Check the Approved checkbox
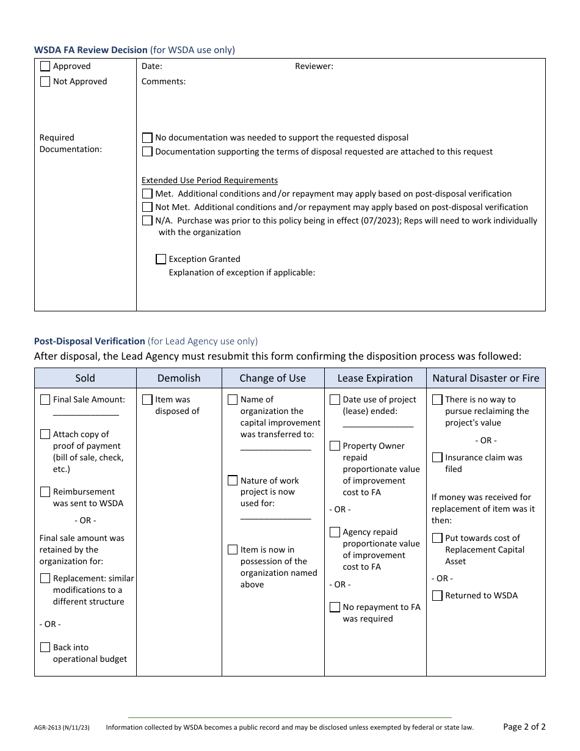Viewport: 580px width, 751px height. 45,67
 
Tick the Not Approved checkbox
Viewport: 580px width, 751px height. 45,82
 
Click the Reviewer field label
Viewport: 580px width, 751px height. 314,67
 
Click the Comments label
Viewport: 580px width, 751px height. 164,82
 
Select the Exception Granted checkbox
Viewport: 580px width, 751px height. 161,259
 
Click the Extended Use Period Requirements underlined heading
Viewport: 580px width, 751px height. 209,181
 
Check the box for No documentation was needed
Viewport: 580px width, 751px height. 147,138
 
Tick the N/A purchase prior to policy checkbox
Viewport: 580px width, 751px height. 147,221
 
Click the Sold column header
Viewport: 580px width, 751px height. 85,379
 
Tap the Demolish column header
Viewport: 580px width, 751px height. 179,379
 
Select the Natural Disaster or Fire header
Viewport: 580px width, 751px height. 485,379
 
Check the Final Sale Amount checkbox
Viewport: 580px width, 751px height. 45,400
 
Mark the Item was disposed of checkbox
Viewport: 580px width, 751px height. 147,400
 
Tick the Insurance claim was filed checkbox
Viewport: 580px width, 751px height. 437,458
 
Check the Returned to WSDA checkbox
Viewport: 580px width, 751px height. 437,596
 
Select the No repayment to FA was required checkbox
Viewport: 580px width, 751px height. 335,608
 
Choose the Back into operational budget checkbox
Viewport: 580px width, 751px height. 45,648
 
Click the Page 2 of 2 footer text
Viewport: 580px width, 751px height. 524,727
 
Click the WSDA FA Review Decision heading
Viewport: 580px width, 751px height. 90,50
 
